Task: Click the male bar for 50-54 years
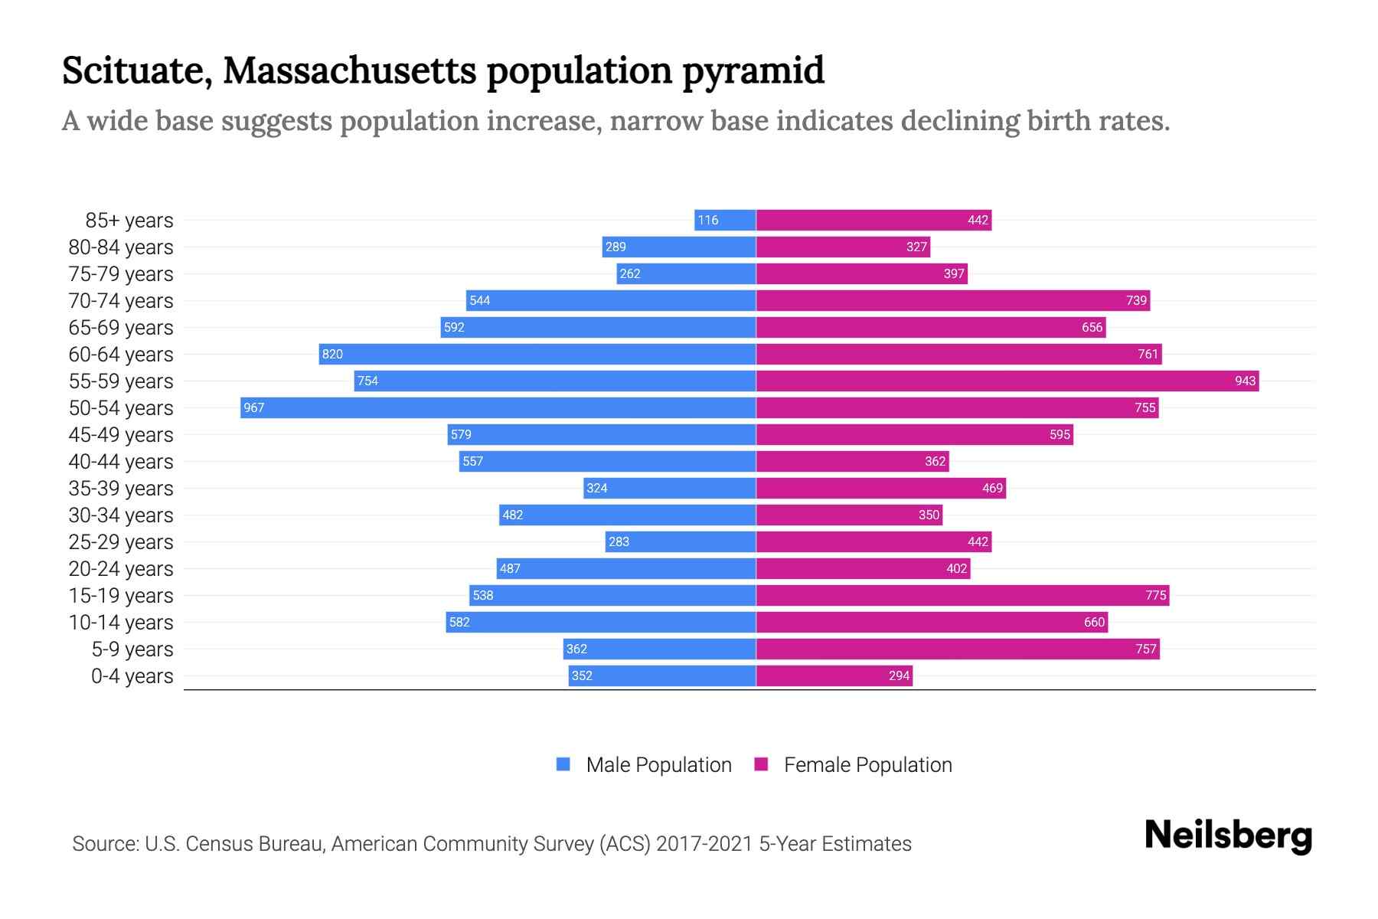click(x=498, y=407)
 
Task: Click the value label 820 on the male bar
click(x=332, y=354)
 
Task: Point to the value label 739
click(x=1136, y=300)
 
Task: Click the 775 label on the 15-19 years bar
click(x=1155, y=595)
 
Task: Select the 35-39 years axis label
click(x=121, y=489)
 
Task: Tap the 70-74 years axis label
click(x=121, y=301)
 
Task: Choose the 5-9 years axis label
click(x=132, y=649)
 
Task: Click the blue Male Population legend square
click(x=563, y=764)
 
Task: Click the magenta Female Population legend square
click(x=761, y=764)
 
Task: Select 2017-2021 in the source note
click(x=704, y=844)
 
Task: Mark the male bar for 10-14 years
click(x=601, y=622)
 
